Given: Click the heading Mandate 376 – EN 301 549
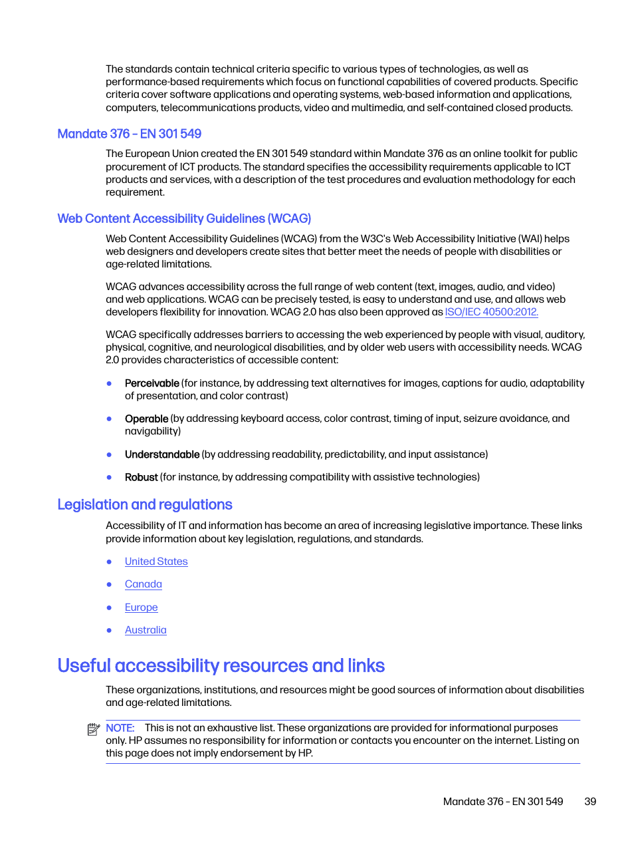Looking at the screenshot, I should click(129, 134).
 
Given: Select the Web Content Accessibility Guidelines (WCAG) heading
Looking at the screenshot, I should click(184, 219).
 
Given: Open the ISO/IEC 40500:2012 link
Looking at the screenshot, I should click(491, 312).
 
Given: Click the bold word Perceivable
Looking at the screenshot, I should click(152, 383).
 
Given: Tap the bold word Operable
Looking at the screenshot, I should click(146, 419).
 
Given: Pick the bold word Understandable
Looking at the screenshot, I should click(162, 454).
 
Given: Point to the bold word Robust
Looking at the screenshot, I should click(141, 477).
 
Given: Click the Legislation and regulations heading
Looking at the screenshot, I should click(145, 505).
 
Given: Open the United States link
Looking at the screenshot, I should click(156, 562).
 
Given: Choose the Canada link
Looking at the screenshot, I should click(144, 584).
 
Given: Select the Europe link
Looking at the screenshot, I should click(142, 607).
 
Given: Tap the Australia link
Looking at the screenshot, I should click(146, 630).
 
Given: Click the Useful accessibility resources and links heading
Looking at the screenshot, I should click(221, 666).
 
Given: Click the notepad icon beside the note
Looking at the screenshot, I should click(94, 729).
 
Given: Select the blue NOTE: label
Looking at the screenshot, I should click(120, 728).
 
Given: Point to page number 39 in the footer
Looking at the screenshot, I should click(590, 802).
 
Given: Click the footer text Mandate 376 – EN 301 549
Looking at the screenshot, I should click(503, 802).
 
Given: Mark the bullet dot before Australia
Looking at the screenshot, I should click(109, 630).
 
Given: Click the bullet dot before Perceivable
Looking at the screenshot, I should click(109, 383).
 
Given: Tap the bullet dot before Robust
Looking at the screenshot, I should click(109, 477).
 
